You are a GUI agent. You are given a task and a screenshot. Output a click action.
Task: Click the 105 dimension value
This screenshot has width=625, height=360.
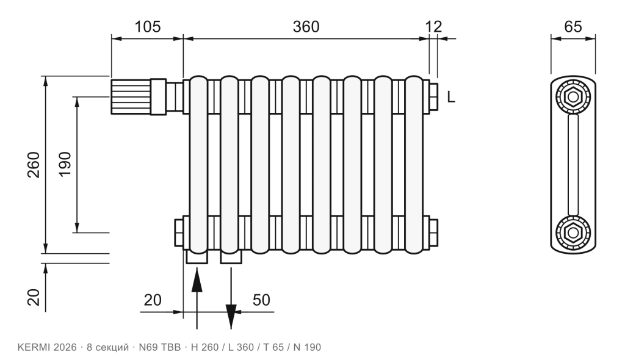click(148, 27)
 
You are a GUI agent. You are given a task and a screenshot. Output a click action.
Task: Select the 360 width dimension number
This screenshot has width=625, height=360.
click(306, 27)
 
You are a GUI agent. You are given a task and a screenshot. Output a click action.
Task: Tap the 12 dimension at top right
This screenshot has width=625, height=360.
click(434, 27)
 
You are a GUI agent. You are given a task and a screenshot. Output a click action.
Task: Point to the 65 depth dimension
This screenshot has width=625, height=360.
click(573, 27)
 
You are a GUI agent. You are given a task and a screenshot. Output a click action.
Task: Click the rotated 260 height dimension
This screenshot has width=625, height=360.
click(34, 165)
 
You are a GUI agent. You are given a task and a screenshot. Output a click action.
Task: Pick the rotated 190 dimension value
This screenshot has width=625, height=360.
click(65, 165)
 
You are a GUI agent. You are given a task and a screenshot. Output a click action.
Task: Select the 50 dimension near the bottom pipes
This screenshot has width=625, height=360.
click(261, 300)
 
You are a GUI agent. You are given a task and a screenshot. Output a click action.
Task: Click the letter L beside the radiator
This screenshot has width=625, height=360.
click(451, 97)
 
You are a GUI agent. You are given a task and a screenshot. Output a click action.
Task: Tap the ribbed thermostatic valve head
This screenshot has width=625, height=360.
click(131, 97)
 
